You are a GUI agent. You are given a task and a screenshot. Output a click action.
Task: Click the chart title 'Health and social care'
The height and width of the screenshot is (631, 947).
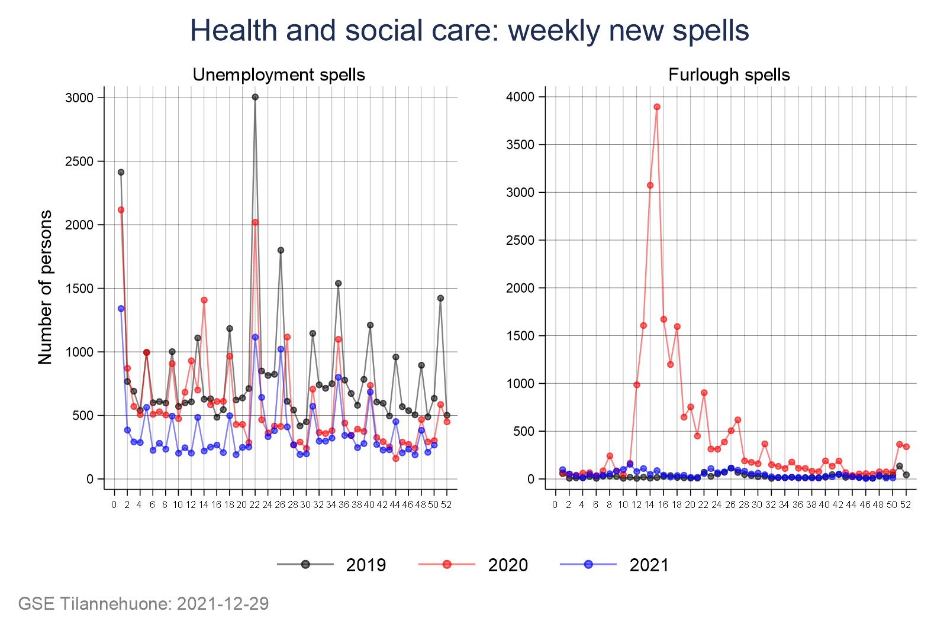pyautogui.click(x=469, y=31)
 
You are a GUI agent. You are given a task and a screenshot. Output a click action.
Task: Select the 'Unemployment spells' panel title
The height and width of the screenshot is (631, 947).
pyautogui.click(x=279, y=75)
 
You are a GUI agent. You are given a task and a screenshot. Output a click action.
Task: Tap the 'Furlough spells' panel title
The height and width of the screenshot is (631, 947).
pyautogui.click(x=729, y=75)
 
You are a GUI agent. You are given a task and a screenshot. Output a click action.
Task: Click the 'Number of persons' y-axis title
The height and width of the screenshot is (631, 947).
pyautogui.click(x=46, y=287)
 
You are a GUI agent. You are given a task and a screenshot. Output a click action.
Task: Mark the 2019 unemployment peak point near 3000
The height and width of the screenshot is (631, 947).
pyautogui.click(x=255, y=97)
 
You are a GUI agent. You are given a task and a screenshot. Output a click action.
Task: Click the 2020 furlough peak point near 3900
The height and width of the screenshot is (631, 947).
pyautogui.click(x=657, y=107)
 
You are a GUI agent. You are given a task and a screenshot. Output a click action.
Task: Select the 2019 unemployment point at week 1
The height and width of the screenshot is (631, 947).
pyautogui.click(x=121, y=172)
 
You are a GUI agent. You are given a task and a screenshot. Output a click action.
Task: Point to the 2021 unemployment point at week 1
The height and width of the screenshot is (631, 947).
pyautogui.click(x=121, y=308)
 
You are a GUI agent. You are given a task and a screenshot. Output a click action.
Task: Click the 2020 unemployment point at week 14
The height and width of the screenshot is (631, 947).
pyautogui.click(x=204, y=300)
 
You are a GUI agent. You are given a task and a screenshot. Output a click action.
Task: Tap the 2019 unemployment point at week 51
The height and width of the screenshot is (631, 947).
pyautogui.click(x=440, y=298)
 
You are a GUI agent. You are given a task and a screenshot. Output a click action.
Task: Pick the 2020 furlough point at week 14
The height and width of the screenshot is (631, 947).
pyautogui.click(x=650, y=185)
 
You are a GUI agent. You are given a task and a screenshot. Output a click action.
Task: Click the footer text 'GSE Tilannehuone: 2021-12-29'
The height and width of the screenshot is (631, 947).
pyautogui.click(x=144, y=604)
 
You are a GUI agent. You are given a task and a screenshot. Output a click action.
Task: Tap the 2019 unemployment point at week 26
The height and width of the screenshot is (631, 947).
pyautogui.click(x=281, y=250)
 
